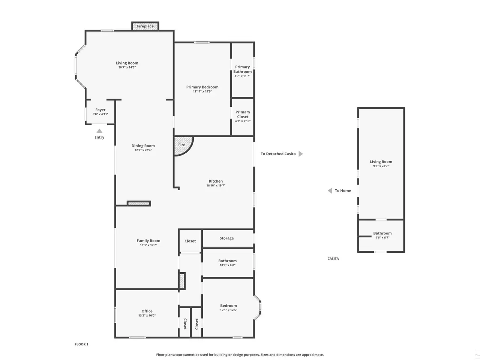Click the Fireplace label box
point(145,26)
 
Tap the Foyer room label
point(100,110)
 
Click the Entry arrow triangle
point(99,131)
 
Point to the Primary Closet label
point(243,114)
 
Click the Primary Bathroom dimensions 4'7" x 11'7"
point(242,76)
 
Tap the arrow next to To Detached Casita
point(301,154)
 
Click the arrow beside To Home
point(330,190)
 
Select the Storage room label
point(226,238)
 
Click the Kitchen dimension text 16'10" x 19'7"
point(216,185)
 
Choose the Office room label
point(147,311)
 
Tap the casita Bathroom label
point(382,233)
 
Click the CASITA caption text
point(333,259)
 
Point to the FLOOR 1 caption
point(81,344)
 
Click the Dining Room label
point(143,146)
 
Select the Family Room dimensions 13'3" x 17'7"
point(148,245)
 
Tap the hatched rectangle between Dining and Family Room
point(139,204)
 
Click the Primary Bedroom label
point(202,87)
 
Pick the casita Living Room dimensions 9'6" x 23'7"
point(381,166)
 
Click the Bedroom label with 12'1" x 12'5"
point(228,306)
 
